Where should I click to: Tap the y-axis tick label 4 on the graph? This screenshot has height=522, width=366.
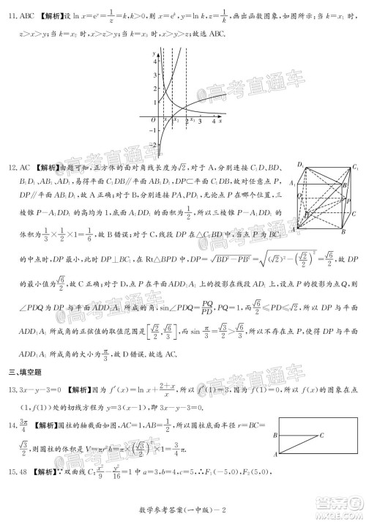154,62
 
